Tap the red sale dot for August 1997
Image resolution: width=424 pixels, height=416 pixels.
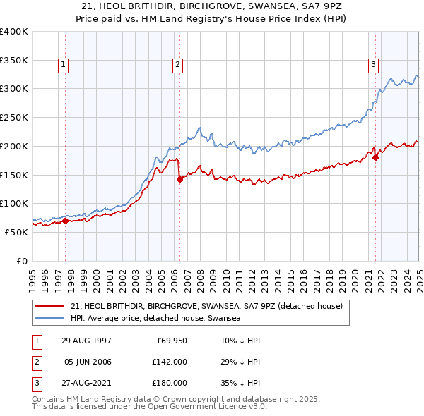click(65, 221)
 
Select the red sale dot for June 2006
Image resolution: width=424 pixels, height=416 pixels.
click(179, 179)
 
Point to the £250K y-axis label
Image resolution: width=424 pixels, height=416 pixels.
click(13, 117)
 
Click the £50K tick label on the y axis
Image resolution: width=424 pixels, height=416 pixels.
click(16, 232)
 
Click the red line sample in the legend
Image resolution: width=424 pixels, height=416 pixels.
click(51, 306)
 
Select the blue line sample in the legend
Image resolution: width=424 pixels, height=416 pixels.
click(51, 318)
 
